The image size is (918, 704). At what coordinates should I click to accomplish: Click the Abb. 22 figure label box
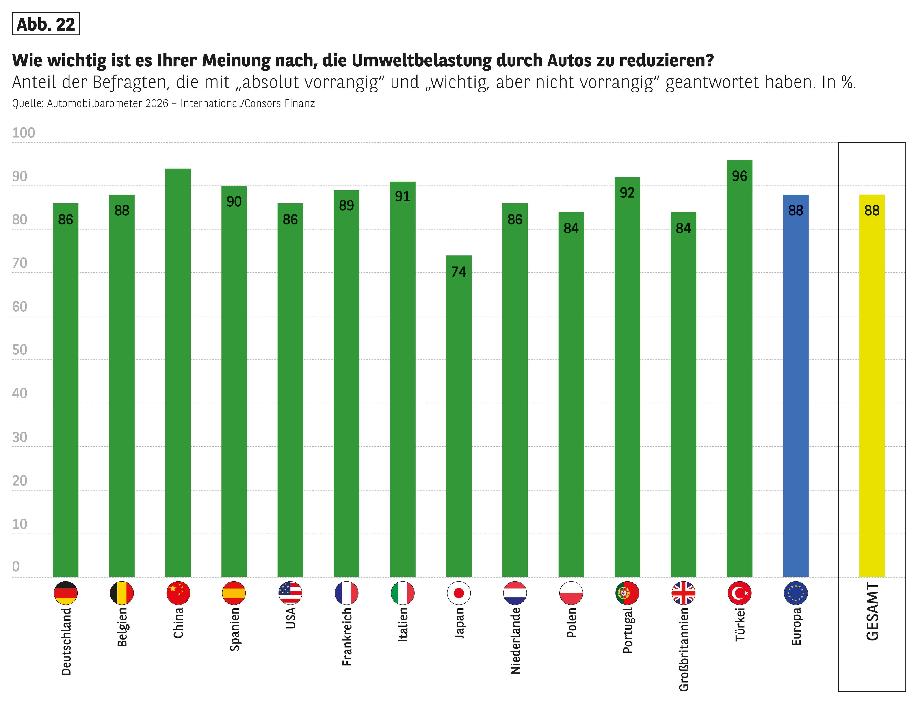[x=46, y=24]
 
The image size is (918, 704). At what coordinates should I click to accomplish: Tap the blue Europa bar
[x=795, y=386]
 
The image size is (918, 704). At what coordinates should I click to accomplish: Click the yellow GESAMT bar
[x=872, y=386]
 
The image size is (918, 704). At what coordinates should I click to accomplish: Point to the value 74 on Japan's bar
[x=459, y=272]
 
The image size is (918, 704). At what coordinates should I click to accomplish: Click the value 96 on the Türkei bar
[x=739, y=176]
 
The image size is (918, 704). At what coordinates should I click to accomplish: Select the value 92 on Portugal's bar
[x=627, y=193]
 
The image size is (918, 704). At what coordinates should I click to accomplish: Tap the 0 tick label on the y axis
[x=16, y=567]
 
